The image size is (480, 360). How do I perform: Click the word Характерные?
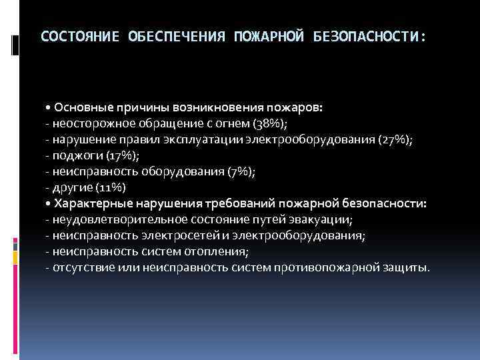point(94,203)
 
